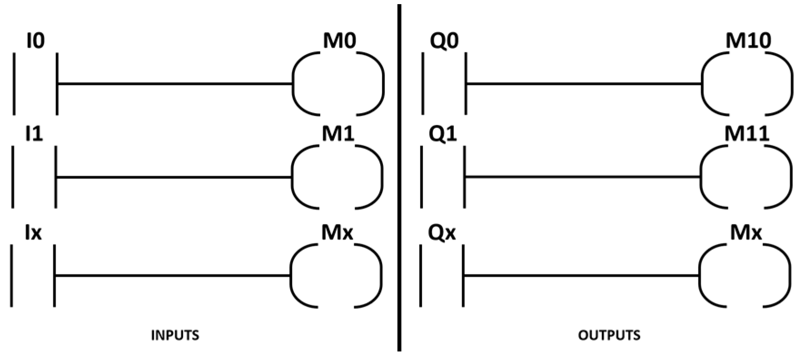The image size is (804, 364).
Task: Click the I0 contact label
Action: coord(35,41)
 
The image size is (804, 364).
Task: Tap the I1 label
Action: coord(34,135)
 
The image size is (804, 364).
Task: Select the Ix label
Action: coord(34,233)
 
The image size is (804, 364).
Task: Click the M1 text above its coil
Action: coord(337,135)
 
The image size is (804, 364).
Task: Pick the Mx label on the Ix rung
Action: coord(337,233)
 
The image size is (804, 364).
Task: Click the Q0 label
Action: coord(443,41)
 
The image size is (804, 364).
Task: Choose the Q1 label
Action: coord(443,135)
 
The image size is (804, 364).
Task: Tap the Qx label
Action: coord(442,233)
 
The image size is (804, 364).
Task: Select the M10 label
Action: coord(748,41)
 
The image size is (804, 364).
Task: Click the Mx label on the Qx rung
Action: coord(745,233)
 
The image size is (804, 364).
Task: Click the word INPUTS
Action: coord(175,335)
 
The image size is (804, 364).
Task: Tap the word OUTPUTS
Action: coord(609,335)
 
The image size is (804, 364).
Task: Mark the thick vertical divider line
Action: coord(399,182)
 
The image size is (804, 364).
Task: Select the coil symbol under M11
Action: coord(746,176)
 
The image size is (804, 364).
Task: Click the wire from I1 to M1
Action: coord(173,177)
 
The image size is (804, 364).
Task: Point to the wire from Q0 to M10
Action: coord(584,84)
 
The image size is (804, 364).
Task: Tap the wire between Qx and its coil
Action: coord(581,275)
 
